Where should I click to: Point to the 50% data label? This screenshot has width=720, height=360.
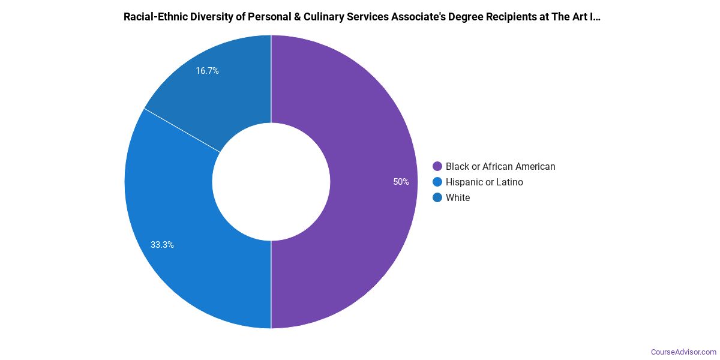click(x=401, y=182)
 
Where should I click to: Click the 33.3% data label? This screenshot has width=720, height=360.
click(x=162, y=245)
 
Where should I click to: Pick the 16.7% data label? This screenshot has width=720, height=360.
click(x=207, y=71)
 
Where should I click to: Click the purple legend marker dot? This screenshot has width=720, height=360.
click(x=437, y=167)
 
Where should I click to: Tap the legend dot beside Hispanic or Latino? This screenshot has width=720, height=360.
click(x=437, y=182)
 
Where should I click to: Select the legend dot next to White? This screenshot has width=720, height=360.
click(x=437, y=198)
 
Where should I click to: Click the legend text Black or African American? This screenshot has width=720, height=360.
click(x=500, y=167)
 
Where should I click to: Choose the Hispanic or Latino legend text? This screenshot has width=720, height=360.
click(x=484, y=182)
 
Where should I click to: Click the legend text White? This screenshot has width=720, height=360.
click(x=458, y=198)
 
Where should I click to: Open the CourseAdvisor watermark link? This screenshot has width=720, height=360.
click(x=683, y=352)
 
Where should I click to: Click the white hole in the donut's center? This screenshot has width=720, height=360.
click(x=271, y=182)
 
